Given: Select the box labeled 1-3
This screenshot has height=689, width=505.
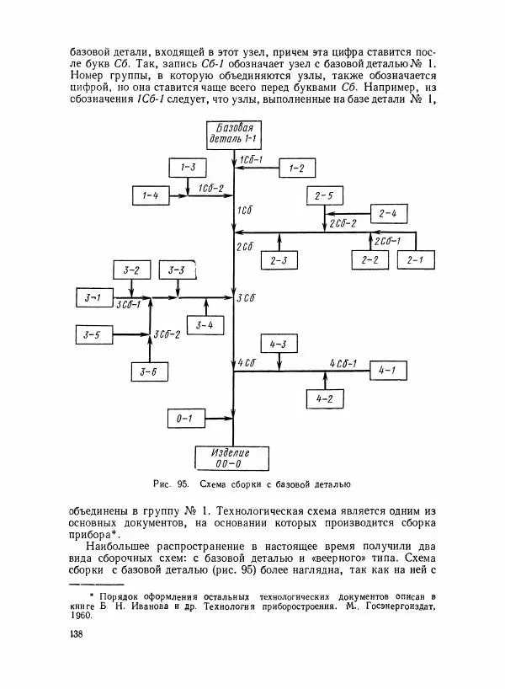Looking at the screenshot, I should tap(188, 168).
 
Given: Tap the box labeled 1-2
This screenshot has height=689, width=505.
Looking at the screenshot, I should tap(296, 168).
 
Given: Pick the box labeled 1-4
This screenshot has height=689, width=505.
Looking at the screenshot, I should tap(150, 195).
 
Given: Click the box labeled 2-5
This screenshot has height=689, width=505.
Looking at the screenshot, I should tap(324, 196).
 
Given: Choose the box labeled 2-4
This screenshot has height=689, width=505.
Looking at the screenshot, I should tap(388, 213).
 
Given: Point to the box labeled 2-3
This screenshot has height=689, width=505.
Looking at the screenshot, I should tap(279, 260).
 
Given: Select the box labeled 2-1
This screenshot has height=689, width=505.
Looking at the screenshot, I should tap(414, 260).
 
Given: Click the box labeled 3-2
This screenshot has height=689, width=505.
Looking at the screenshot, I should tap(131, 270).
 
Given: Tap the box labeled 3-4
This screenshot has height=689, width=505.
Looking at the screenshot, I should tap(205, 324).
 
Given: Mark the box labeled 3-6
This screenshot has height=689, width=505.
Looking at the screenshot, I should tap(149, 371).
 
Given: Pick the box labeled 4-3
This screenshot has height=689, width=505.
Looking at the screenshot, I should tap(279, 344).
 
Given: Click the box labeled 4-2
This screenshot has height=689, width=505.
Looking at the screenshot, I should tap(322, 398).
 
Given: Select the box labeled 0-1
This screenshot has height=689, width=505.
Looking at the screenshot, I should tap(184, 418).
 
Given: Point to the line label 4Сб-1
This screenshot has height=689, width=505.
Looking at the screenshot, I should tap(347, 363).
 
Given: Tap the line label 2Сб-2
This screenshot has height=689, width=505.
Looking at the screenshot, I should tap(343, 223).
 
